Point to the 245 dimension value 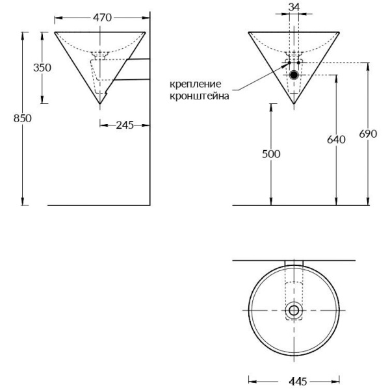pos(125,125)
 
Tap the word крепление pos(195,84)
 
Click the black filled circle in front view pos(294,75)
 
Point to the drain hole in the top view pos(294,311)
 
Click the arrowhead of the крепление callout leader pos(288,64)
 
